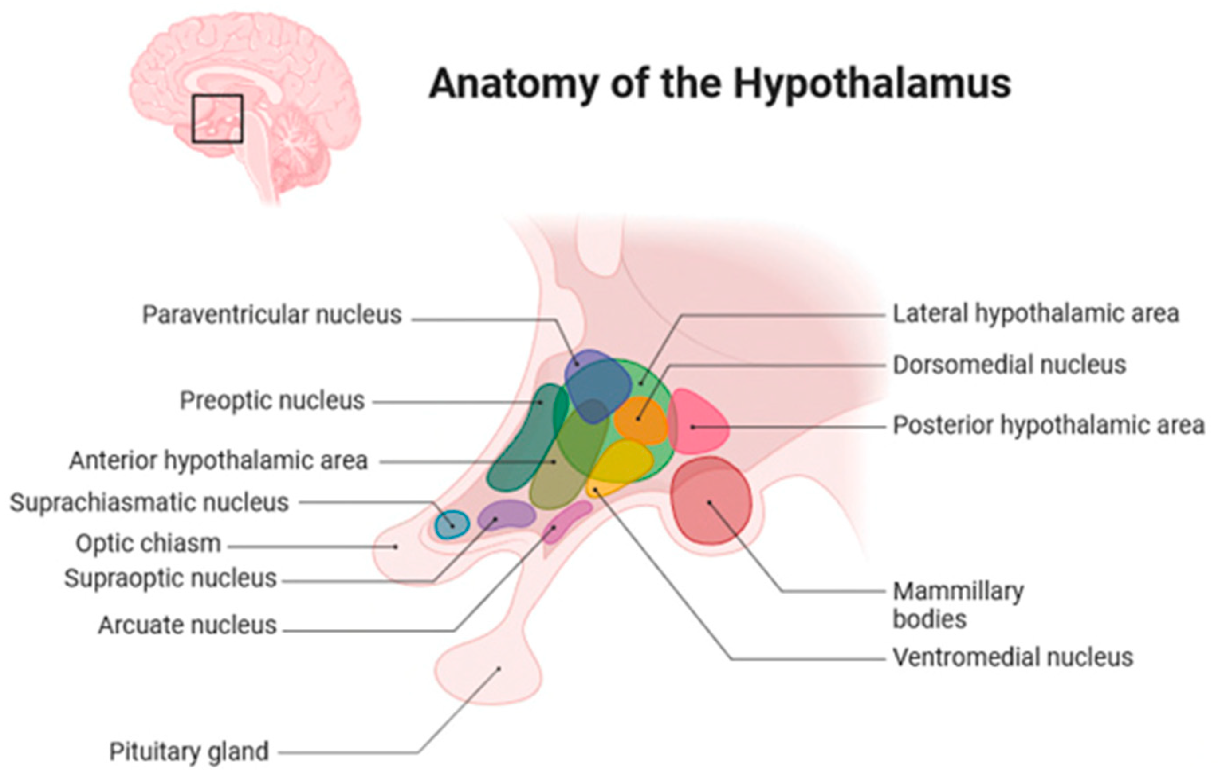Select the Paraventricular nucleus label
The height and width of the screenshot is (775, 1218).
click(x=271, y=315)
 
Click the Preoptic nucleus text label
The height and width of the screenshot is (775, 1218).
click(x=272, y=401)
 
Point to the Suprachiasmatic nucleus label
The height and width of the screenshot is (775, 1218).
click(x=149, y=503)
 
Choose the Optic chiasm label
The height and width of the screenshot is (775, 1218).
click(x=148, y=544)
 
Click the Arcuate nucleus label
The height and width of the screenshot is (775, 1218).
click(x=188, y=625)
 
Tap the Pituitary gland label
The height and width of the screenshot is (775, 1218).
click(x=189, y=752)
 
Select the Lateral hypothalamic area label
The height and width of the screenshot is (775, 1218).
click(x=1035, y=314)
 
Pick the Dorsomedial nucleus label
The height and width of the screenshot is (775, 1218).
click(x=1009, y=365)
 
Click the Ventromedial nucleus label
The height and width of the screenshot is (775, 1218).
click(x=1013, y=657)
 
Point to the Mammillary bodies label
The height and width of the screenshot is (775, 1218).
click(x=958, y=605)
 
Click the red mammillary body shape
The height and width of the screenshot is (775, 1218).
click(x=711, y=501)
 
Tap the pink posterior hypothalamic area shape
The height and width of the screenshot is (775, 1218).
click(x=698, y=422)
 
